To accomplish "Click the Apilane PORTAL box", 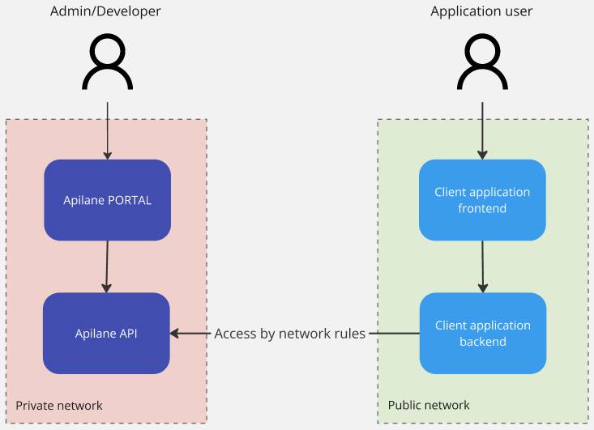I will [x=107, y=200].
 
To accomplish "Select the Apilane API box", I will [x=106, y=333].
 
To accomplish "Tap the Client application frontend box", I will [x=482, y=200].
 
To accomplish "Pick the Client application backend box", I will [x=482, y=333].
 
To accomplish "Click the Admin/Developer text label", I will [x=105, y=11].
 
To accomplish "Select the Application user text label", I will [x=481, y=11].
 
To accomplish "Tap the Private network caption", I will [x=59, y=405].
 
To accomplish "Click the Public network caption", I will [x=429, y=405].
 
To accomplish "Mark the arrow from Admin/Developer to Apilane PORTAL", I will [x=107, y=130].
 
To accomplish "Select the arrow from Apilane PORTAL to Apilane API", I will [x=106, y=266].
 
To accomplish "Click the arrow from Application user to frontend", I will [x=482, y=130].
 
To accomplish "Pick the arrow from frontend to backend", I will [x=483, y=266].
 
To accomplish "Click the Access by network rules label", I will [x=289, y=334].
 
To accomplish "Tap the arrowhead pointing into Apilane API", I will [x=175, y=333].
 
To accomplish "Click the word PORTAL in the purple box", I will [x=130, y=200].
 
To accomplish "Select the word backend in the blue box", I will [x=482, y=341].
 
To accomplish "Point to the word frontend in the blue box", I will [x=482, y=208].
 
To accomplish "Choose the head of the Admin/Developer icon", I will [x=107, y=52].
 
